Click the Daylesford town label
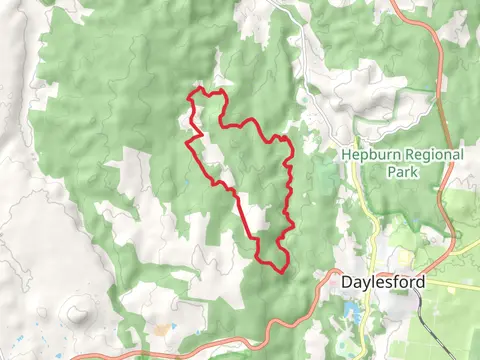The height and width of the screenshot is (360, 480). coord(383,282)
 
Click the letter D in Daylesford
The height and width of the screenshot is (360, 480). coord(346,282)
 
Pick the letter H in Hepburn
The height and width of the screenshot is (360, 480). coord(346,155)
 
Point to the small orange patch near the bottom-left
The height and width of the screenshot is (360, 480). coord(159,328)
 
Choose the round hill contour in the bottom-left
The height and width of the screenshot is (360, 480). coord(76,316)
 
